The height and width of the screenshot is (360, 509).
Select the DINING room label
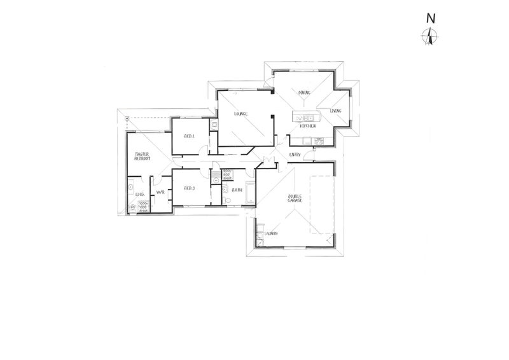(304, 93)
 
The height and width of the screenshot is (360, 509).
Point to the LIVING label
(335, 111)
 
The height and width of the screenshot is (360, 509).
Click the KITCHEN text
(309, 127)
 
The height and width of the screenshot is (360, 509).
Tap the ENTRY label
(295, 155)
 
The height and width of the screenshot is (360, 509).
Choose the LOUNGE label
(240, 113)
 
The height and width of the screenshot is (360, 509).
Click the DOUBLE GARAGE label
(295, 198)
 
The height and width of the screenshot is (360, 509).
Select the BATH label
(237, 190)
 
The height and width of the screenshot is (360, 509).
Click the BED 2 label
(189, 136)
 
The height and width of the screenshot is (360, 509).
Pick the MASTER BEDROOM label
(141, 156)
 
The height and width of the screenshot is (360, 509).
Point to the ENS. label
(141, 193)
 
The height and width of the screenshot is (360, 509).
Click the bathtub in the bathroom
(249, 193)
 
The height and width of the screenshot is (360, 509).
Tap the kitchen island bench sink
(308, 117)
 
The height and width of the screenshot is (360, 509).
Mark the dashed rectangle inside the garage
(322, 204)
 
